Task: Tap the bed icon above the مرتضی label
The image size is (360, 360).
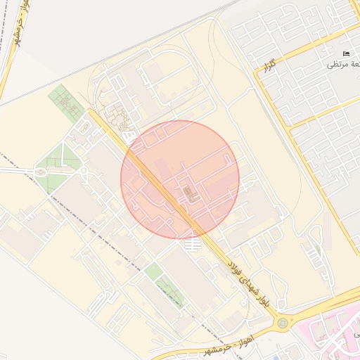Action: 345,53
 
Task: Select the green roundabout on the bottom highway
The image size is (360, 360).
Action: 283,323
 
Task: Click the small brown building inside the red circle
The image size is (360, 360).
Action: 187,192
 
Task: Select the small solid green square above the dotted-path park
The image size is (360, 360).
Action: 153,271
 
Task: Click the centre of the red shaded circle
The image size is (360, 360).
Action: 180,179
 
